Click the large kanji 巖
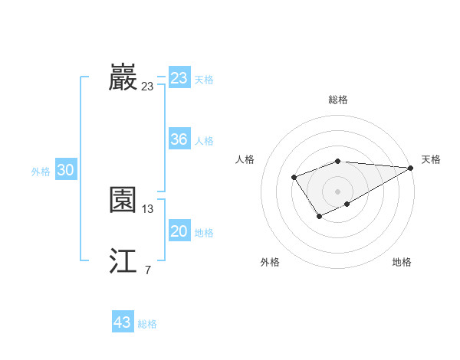pos(123,77)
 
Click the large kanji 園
pos(123,200)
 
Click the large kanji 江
pos(123,260)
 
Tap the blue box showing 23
pos(179,78)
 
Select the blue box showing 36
pos(179,139)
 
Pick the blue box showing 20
pos(179,231)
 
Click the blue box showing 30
pos(65,170)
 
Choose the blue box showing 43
pos(123,322)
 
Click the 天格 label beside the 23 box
pos(204,80)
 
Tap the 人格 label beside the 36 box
pos(204,141)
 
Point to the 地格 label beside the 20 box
pos(204,233)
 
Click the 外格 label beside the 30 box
pos(41,172)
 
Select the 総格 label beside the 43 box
pos(147,324)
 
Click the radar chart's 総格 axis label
pos(337,100)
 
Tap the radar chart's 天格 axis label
pos(431,159)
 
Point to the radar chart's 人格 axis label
pos(245,159)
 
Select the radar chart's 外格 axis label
pos(270,262)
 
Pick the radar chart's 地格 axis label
pos(402,262)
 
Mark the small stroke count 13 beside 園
pos(148,208)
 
